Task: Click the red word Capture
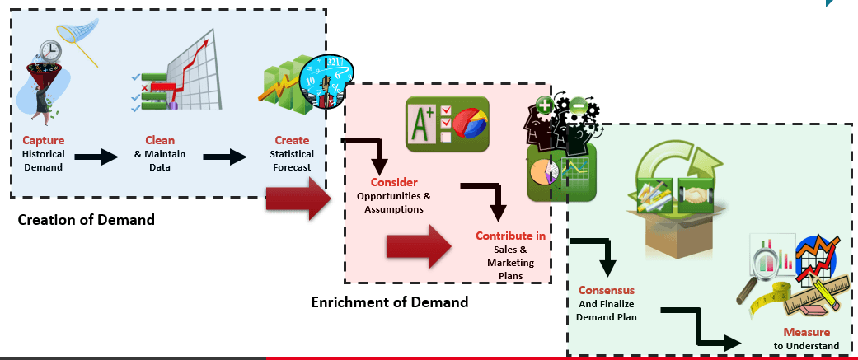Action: click(x=43, y=140)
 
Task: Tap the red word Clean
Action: click(x=160, y=140)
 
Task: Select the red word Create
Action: click(x=292, y=140)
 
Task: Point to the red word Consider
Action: click(x=394, y=182)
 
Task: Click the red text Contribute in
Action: click(x=510, y=236)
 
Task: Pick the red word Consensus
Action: click(x=607, y=290)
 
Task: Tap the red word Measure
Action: click(x=807, y=332)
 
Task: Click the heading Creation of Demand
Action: click(x=87, y=220)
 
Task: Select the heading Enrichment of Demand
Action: click(x=390, y=302)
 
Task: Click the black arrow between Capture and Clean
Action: click(x=96, y=157)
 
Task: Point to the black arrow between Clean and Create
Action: click(x=225, y=157)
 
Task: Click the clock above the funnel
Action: click(x=50, y=51)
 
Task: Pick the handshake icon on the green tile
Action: click(x=696, y=195)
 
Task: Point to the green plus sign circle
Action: click(x=545, y=105)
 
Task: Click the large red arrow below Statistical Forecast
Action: click(x=298, y=199)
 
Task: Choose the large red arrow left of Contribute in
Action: click(x=420, y=246)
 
